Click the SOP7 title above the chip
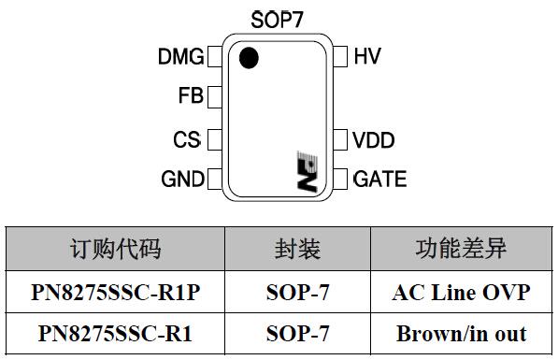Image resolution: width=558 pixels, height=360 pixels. click(x=277, y=19)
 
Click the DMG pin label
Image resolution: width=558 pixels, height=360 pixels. click(x=180, y=57)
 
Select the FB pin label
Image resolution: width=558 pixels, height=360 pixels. click(x=190, y=96)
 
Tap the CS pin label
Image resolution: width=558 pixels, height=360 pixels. click(x=187, y=140)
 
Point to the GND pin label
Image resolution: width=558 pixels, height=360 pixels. click(x=181, y=179)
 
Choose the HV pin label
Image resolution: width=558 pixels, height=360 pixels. click(x=367, y=56)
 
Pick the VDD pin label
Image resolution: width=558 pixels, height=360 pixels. click(x=374, y=141)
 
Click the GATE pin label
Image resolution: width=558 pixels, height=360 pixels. click(x=379, y=179)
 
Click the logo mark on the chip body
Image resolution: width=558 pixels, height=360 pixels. click(x=306, y=171)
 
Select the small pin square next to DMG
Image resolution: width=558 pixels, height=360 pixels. click(x=214, y=57)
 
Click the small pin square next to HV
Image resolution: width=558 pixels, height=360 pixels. click(x=341, y=56)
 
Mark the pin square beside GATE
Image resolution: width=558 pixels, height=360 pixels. click(x=341, y=178)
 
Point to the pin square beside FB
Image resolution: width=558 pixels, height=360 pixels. click(x=214, y=96)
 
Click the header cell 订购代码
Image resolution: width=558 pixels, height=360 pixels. click(x=116, y=249)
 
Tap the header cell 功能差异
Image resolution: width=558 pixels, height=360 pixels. click(x=461, y=249)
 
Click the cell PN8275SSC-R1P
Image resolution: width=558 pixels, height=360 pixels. click(x=116, y=293)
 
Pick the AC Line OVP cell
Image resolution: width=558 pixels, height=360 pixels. click(x=461, y=293)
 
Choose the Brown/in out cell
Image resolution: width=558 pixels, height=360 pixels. click(x=461, y=333)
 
